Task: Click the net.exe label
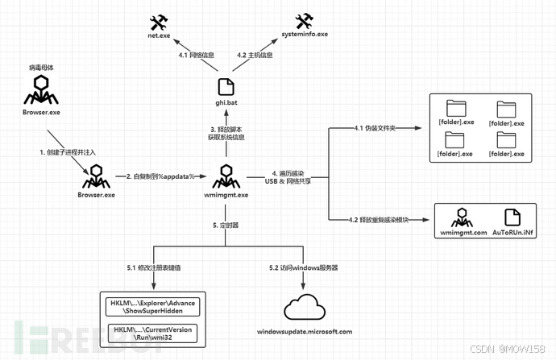point(159,35)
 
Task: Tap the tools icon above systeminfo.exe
point(305,21)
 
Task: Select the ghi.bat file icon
point(226,87)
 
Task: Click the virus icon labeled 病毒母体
point(41,89)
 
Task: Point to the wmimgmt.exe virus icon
point(226,176)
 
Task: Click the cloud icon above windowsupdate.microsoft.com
point(305,307)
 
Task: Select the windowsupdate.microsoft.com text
point(305,332)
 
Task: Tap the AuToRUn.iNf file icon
point(512,217)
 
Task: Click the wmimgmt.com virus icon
point(462,217)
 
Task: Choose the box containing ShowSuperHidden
point(152,307)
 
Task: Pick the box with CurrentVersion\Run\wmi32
point(152,333)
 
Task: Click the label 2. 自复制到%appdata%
point(160,176)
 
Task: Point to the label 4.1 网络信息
point(196,55)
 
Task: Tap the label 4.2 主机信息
point(255,55)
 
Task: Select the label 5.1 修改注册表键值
point(154,268)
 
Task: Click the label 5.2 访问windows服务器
point(303,268)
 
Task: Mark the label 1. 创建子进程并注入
point(68,152)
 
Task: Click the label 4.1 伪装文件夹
point(375,128)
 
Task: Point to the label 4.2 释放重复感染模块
point(378,220)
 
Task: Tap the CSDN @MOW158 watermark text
point(508,349)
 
